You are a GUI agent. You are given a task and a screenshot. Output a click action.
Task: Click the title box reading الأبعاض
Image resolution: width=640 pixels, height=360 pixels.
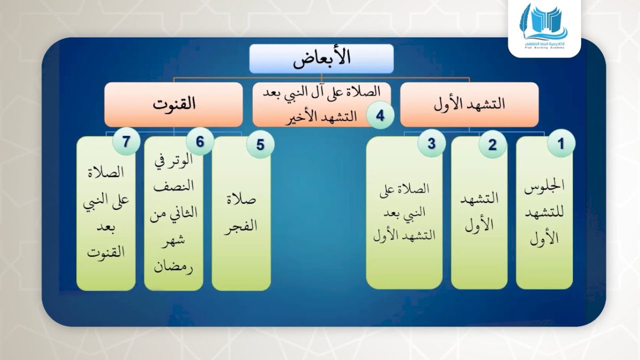321,58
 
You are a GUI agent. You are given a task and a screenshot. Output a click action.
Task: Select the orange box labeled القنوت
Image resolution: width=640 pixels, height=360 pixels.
173,104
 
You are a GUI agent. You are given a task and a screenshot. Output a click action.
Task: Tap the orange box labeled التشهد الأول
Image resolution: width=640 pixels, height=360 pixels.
469,104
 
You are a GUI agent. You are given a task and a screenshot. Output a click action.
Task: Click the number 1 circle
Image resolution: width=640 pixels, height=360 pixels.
560,144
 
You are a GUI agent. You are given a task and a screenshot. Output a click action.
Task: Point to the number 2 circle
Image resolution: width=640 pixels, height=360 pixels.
492,145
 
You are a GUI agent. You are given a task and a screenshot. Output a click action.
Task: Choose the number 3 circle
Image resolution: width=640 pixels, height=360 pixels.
431,144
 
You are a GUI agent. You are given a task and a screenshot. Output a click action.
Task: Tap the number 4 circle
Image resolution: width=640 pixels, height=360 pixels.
380,116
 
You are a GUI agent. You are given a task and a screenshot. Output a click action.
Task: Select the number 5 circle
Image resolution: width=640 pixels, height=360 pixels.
260,145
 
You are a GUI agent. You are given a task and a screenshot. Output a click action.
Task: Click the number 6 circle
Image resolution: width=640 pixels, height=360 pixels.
200,142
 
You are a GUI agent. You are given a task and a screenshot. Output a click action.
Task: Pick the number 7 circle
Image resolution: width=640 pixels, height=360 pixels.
126,142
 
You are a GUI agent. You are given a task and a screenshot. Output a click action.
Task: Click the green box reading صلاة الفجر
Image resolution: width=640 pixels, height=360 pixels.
241,215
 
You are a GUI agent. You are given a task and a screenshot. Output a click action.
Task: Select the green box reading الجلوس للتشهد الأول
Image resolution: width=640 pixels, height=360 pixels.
544,215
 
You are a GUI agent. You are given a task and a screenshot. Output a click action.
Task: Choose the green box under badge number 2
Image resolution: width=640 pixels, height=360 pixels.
479,215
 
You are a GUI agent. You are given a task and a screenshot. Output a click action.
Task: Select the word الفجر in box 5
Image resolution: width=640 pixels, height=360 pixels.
241,225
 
